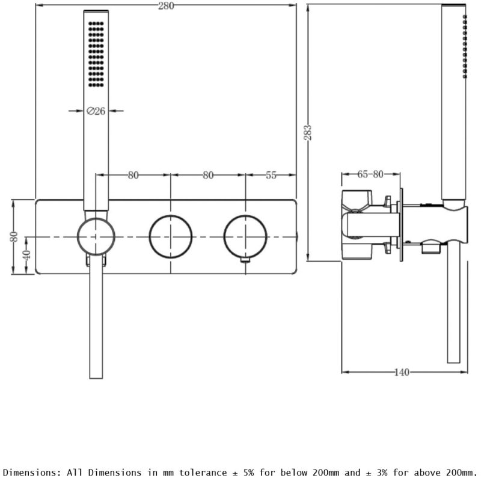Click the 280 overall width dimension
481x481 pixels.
point(166,6)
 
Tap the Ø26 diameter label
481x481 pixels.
point(96,111)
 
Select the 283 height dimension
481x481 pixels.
point(308,132)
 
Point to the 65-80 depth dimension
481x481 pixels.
point(370,174)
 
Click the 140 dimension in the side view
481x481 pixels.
point(402,372)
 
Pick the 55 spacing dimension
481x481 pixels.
point(271,175)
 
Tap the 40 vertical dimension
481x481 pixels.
point(27,255)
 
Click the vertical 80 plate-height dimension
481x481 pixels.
point(14,236)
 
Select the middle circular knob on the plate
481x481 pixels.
point(171,236)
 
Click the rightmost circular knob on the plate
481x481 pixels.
point(245,236)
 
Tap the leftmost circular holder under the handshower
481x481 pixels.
point(96,236)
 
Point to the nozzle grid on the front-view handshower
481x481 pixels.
point(96,54)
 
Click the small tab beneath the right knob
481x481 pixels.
point(245,260)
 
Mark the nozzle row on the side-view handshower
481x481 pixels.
point(465,46)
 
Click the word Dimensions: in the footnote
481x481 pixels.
point(29,473)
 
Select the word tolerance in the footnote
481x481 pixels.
point(203,473)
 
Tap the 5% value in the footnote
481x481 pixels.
point(248,473)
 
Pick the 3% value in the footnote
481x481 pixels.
point(382,473)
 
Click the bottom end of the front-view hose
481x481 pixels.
point(96,378)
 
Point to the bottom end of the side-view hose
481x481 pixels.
point(453,363)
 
